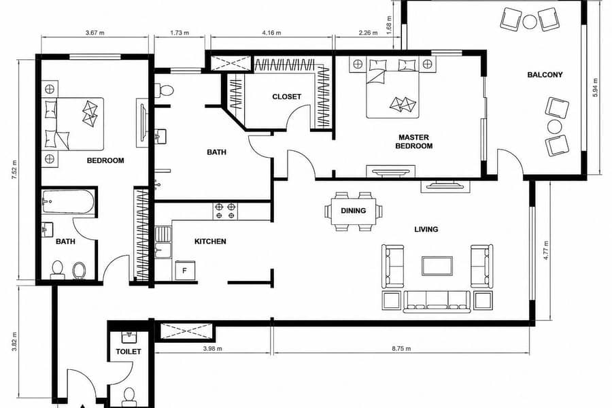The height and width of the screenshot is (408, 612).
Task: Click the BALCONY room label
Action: [545, 75]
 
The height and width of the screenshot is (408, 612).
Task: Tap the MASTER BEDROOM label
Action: [413, 141]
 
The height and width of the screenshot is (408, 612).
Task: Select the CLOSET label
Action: [287, 97]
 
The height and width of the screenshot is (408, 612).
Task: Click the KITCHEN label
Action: [210, 241]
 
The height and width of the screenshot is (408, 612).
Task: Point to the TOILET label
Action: [129, 352]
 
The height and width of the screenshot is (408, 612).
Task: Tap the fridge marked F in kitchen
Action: [185, 270]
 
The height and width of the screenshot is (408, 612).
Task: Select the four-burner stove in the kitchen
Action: [225, 210]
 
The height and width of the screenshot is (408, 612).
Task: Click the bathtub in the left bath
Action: [68, 201]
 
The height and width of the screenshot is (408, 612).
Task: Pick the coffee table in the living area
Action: [437, 266]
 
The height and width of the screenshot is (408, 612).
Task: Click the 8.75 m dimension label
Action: [401, 349]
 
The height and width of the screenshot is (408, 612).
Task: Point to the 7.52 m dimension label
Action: [14, 170]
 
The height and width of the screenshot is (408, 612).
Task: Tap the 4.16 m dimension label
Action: [271, 33]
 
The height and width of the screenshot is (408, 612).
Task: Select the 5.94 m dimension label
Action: [595, 88]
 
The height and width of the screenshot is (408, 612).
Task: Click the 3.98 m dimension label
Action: [213, 349]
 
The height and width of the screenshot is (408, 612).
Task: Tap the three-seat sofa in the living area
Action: [437, 301]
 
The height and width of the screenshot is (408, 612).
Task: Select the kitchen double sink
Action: [163, 243]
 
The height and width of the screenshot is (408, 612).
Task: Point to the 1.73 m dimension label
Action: [180, 33]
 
